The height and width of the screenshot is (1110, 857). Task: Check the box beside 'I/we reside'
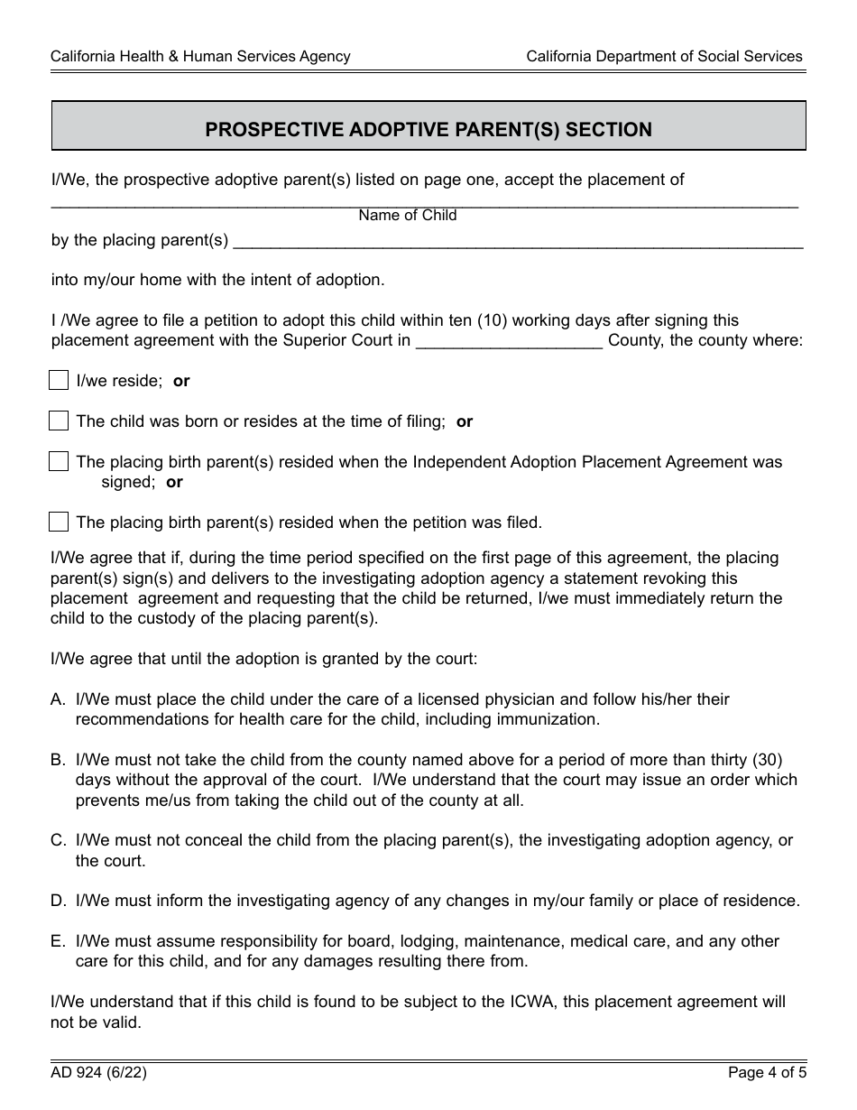click(x=59, y=380)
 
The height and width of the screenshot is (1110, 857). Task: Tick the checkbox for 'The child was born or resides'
click(x=59, y=421)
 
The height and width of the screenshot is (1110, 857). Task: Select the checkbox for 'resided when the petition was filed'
click(x=59, y=522)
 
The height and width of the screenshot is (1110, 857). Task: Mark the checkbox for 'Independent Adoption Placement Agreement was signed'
click(x=59, y=461)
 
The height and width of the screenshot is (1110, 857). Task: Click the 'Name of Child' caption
click(x=408, y=215)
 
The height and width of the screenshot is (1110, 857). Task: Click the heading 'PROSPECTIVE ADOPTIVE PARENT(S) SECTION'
click(x=428, y=129)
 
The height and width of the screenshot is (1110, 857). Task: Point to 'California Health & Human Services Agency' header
click(x=200, y=56)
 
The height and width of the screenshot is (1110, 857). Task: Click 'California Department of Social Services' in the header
click(x=664, y=56)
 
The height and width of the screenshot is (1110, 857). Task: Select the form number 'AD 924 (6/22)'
click(x=99, y=1073)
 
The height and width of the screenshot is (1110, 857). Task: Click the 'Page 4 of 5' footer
click(x=767, y=1073)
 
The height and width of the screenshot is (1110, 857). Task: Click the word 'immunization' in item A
click(x=551, y=719)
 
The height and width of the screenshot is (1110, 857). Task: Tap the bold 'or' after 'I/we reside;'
click(x=181, y=381)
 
